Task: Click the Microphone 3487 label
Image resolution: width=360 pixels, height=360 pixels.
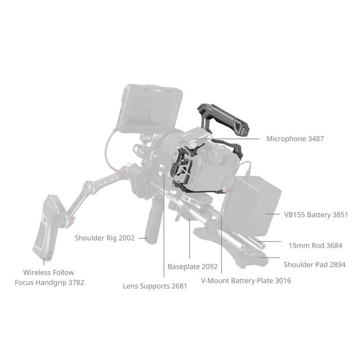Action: tap(295, 139)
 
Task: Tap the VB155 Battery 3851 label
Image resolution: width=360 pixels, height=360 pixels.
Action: tap(316, 214)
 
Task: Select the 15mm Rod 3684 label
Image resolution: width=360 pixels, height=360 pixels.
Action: tap(315, 245)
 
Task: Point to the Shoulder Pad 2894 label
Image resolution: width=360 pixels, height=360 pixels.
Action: tap(314, 265)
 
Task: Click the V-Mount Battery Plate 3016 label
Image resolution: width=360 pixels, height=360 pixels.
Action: tap(246, 281)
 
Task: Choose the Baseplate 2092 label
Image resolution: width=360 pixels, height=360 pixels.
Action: tap(192, 267)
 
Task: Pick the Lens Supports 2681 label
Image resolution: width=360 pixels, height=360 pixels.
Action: tap(155, 286)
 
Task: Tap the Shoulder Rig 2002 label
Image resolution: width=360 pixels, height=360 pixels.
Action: tap(104, 238)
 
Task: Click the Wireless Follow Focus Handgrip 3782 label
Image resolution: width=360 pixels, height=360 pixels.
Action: tap(49, 277)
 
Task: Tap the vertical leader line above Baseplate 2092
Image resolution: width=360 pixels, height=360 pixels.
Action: tap(190, 242)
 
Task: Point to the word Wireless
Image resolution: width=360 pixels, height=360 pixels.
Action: tap(37, 273)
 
